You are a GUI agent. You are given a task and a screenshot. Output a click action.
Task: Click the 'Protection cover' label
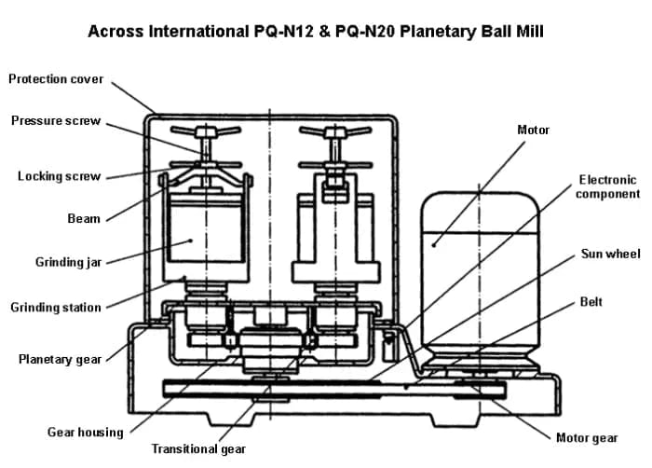[x=56, y=79]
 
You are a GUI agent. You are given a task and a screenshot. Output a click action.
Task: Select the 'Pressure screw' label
[x=56, y=121]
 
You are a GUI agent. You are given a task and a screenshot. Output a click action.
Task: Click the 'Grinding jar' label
[x=68, y=263]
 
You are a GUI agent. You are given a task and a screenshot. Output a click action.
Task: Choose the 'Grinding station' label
[x=56, y=307]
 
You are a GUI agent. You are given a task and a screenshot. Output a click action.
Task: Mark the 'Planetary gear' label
[x=61, y=360]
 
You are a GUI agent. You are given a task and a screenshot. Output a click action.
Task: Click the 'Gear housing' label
[x=85, y=433]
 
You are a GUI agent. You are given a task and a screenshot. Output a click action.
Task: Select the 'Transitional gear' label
[x=199, y=449]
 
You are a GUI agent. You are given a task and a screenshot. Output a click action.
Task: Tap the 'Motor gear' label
[x=587, y=438]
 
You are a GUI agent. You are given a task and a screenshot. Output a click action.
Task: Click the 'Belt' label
[x=591, y=302]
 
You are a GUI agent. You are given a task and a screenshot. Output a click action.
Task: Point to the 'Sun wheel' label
[x=610, y=254]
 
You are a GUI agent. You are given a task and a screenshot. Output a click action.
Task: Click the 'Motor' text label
[x=533, y=130]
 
